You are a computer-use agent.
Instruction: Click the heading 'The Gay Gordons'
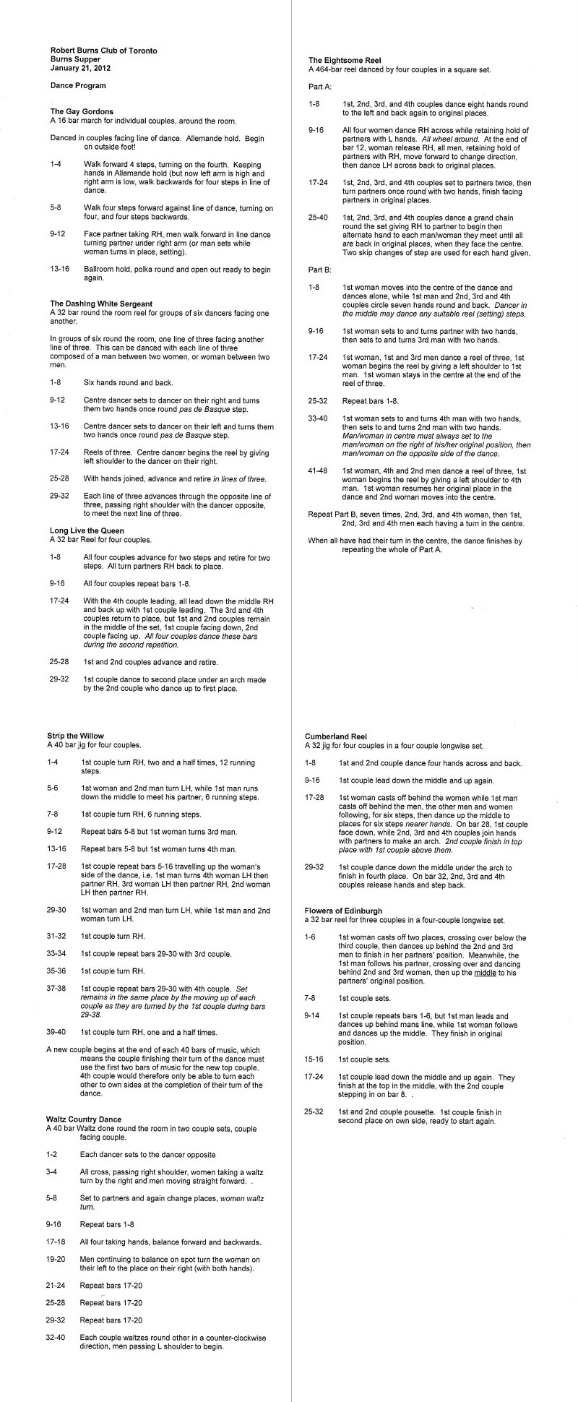click(82, 111)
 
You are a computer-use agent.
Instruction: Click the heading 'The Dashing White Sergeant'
click(101, 303)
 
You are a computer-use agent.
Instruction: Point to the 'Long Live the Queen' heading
click(87, 530)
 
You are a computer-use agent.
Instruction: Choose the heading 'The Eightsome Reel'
click(345, 60)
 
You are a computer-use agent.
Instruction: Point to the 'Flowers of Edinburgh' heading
click(343, 911)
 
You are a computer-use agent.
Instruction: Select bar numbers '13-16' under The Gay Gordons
click(59, 270)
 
